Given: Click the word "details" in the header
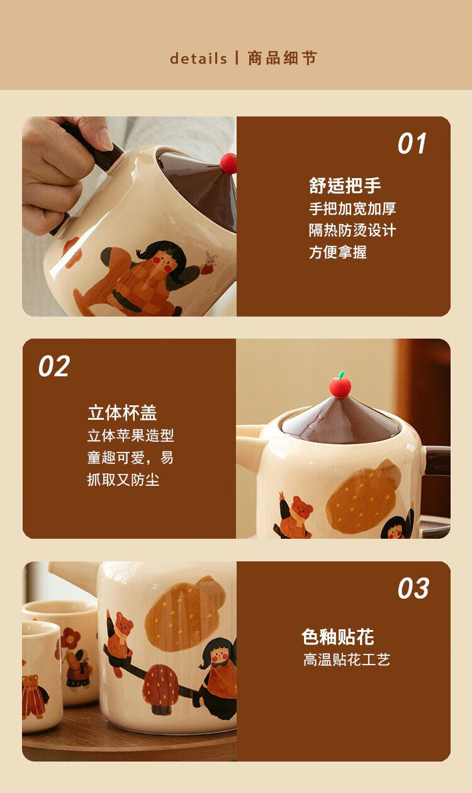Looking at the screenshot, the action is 198,59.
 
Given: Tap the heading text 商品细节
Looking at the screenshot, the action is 282,58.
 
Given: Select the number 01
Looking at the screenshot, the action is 412,143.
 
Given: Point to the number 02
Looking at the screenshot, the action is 54,366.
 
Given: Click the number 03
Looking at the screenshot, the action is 413,588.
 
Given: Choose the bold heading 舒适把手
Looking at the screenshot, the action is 345,186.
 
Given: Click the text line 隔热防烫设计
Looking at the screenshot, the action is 352,230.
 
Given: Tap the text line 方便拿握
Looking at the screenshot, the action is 338,252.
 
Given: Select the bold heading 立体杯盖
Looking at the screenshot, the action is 122,413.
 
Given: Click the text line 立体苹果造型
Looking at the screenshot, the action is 131,436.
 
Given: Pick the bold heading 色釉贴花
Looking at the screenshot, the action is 338,637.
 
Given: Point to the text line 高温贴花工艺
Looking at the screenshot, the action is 347,660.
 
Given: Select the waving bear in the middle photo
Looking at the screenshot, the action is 293,515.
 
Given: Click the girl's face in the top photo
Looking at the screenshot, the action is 163,261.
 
